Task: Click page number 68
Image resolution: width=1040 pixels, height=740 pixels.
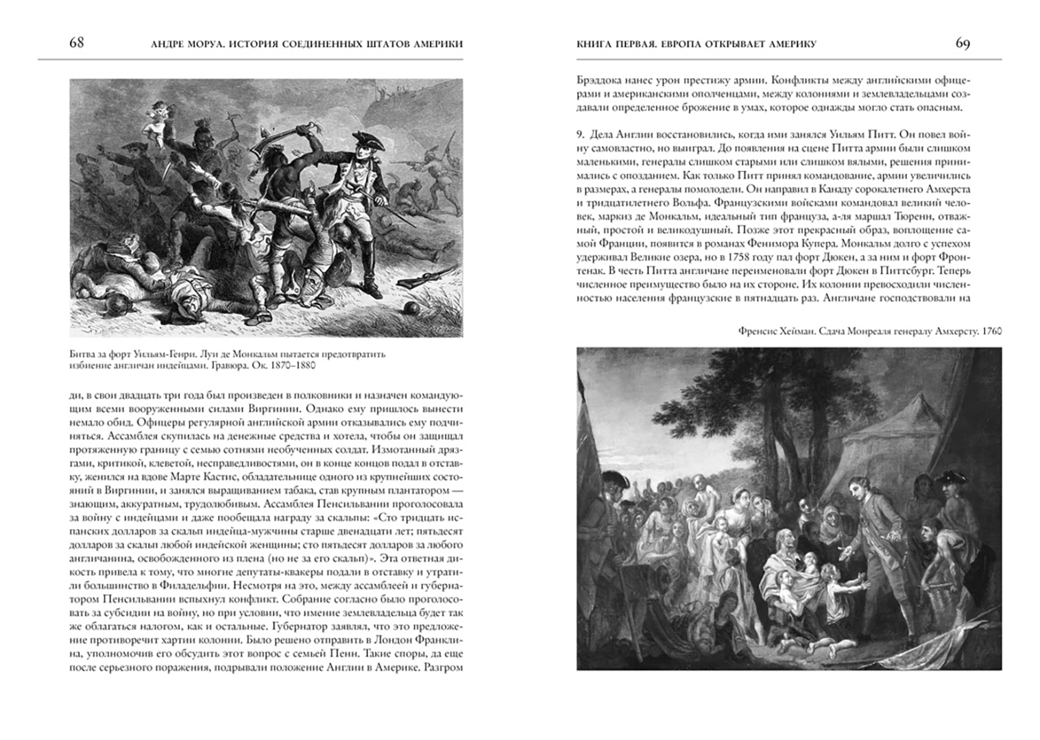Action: pyautogui.click(x=76, y=43)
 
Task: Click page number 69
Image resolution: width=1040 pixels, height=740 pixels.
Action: pyautogui.click(x=963, y=43)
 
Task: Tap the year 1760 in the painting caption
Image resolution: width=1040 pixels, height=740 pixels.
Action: pyautogui.click(x=991, y=331)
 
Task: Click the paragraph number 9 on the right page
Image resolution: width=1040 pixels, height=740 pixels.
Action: pyautogui.click(x=580, y=135)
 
